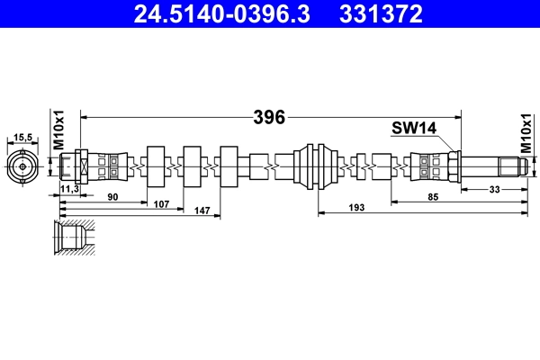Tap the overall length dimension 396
pos(269,117)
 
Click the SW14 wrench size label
pos(413,129)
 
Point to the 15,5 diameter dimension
pos(22,137)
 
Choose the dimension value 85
pos(435,196)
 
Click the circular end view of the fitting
pos(22,166)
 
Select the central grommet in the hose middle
pos(317,166)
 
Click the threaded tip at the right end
pos(509,166)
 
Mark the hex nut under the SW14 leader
pos(454,166)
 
